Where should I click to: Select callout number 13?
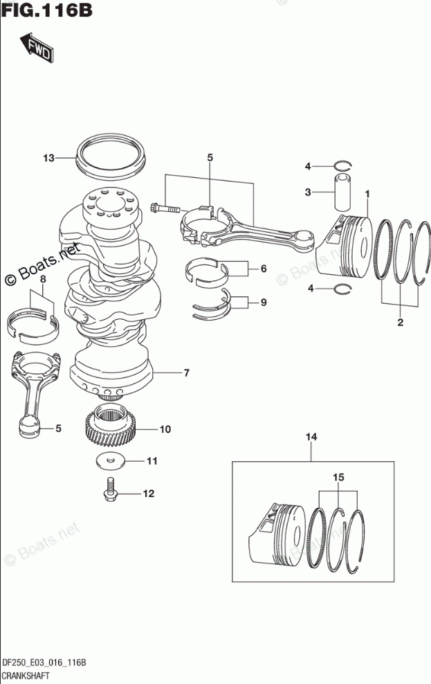[48, 158]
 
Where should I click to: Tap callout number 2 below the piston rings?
[399, 322]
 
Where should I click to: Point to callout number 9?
[264, 303]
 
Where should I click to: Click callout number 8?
[42, 279]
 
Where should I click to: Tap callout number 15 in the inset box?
[338, 477]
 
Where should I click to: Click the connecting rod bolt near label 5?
[163, 206]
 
